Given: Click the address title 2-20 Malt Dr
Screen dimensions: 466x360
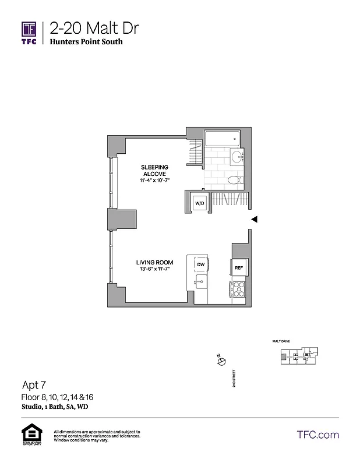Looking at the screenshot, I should click(94, 28).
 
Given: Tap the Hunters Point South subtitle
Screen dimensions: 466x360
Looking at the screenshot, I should click(86, 42).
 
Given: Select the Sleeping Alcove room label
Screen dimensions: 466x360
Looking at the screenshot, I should click(154, 171).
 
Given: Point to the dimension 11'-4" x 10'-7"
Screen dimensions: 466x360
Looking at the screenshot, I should click(154, 181).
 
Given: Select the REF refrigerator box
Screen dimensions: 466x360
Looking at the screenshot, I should click(239, 268).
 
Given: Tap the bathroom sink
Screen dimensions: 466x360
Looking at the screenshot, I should click(238, 158).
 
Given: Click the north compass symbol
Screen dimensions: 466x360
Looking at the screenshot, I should click(221, 361).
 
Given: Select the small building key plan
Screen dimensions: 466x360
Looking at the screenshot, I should click(299, 356).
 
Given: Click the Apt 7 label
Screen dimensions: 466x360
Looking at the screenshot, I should click(34, 384).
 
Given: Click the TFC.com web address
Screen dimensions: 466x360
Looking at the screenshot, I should click(317, 435).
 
